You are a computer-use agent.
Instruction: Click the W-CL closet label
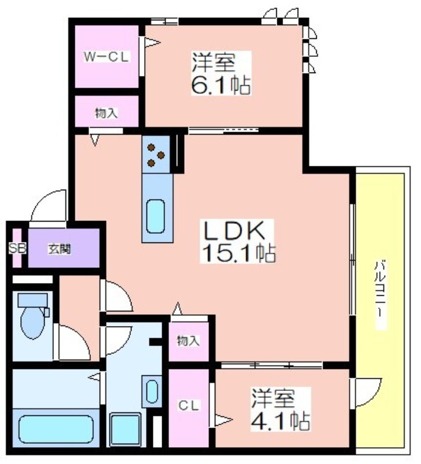pyautogui.click(x=107, y=57)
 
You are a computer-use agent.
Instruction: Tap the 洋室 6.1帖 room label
pyautogui.click(x=221, y=73)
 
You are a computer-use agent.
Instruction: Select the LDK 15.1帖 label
pyautogui.click(x=238, y=241)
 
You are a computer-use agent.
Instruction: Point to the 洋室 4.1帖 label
pyautogui.click(x=280, y=409)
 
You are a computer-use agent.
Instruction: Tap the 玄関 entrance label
pyautogui.click(x=60, y=249)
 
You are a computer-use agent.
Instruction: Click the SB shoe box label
pyautogui.click(x=17, y=248)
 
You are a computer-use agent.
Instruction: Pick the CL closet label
pyautogui.click(x=188, y=406)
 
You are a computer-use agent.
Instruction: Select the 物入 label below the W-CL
pyautogui.click(x=107, y=113)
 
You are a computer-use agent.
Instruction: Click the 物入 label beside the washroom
pyautogui.click(x=188, y=341)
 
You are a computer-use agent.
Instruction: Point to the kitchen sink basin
pyautogui.click(x=155, y=216)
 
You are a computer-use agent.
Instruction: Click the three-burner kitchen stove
pyautogui.click(x=156, y=155)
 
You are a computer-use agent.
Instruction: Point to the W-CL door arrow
pyautogui.click(x=152, y=42)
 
